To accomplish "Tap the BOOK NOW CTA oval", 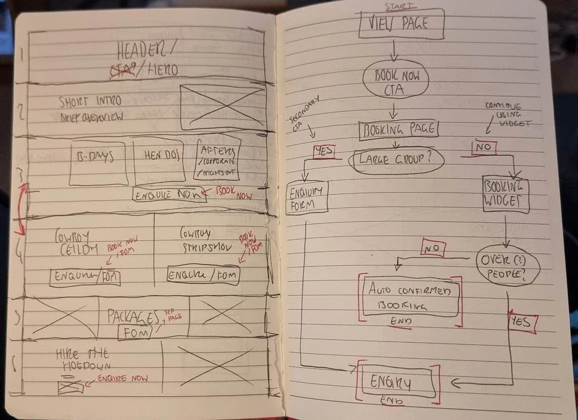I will [396, 82].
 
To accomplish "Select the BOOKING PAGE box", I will [398, 130].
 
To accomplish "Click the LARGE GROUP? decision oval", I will [396, 160].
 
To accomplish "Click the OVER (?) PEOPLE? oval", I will [507, 265].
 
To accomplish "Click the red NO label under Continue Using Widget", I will [484, 148].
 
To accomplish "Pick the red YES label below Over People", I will [522, 322].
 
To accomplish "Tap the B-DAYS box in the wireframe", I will [98, 163].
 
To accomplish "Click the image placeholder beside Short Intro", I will [221, 107].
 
